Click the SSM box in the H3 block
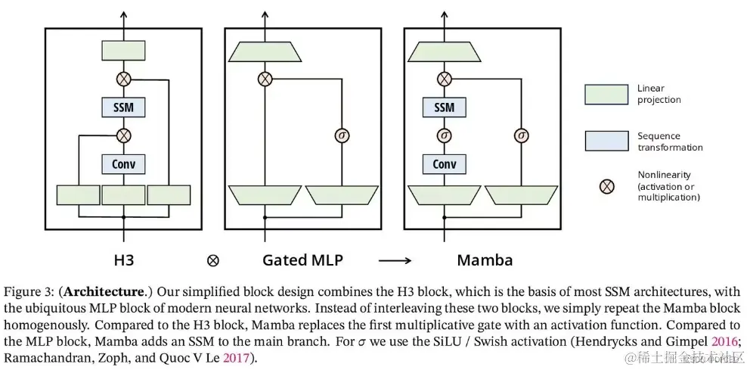coord(123,107)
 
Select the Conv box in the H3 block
coord(123,163)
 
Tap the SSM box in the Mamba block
coord(445,107)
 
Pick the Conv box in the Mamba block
coord(445,163)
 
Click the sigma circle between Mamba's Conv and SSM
coord(445,135)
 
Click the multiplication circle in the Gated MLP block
coord(265,78)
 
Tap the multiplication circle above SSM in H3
coord(123,78)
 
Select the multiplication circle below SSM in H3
coord(123,135)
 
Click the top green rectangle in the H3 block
coord(123,51)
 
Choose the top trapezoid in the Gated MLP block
coord(265,51)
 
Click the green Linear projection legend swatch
coord(606,94)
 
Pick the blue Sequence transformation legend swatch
coord(606,141)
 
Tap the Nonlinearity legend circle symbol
coord(606,185)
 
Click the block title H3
coord(123,260)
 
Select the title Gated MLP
coord(302,260)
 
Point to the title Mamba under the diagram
coord(485,260)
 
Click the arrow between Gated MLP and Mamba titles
coord(395,261)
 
